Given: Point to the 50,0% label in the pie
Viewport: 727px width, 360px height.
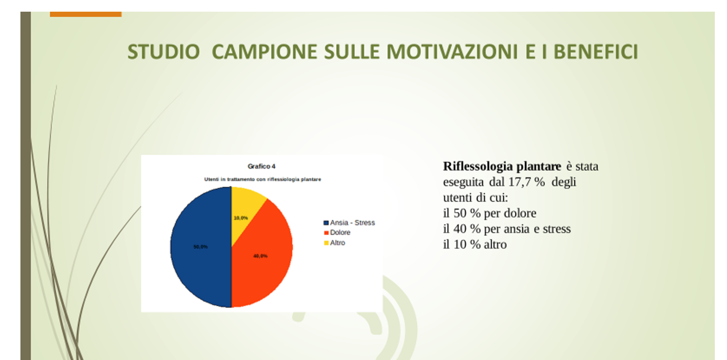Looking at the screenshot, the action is click(x=200, y=247).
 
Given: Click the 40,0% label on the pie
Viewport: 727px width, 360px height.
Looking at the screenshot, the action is click(x=260, y=256).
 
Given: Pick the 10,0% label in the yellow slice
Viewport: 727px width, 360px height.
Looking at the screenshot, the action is click(x=241, y=218).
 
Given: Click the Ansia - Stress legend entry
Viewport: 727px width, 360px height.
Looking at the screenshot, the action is click(x=349, y=223).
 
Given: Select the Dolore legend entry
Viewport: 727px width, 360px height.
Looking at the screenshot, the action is click(x=337, y=233).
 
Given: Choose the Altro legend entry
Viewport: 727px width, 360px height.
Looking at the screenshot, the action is click(x=335, y=243).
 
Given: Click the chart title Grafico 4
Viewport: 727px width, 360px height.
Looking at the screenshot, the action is click(x=262, y=166).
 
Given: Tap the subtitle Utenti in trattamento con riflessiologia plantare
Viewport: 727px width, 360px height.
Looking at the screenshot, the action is click(x=263, y=180).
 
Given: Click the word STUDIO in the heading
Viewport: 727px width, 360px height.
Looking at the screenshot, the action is click(x=164, y=52).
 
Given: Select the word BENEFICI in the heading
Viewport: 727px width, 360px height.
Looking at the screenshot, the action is click(x=596, y=52).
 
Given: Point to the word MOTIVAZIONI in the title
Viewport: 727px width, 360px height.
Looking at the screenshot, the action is click(x=452, y=52).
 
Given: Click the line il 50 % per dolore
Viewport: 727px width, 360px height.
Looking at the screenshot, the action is click(x=490, y=214).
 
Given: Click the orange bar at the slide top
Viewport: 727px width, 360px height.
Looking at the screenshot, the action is click(x=86, y=14).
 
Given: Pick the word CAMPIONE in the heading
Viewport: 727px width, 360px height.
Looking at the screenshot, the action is click(x=264, y=52).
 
